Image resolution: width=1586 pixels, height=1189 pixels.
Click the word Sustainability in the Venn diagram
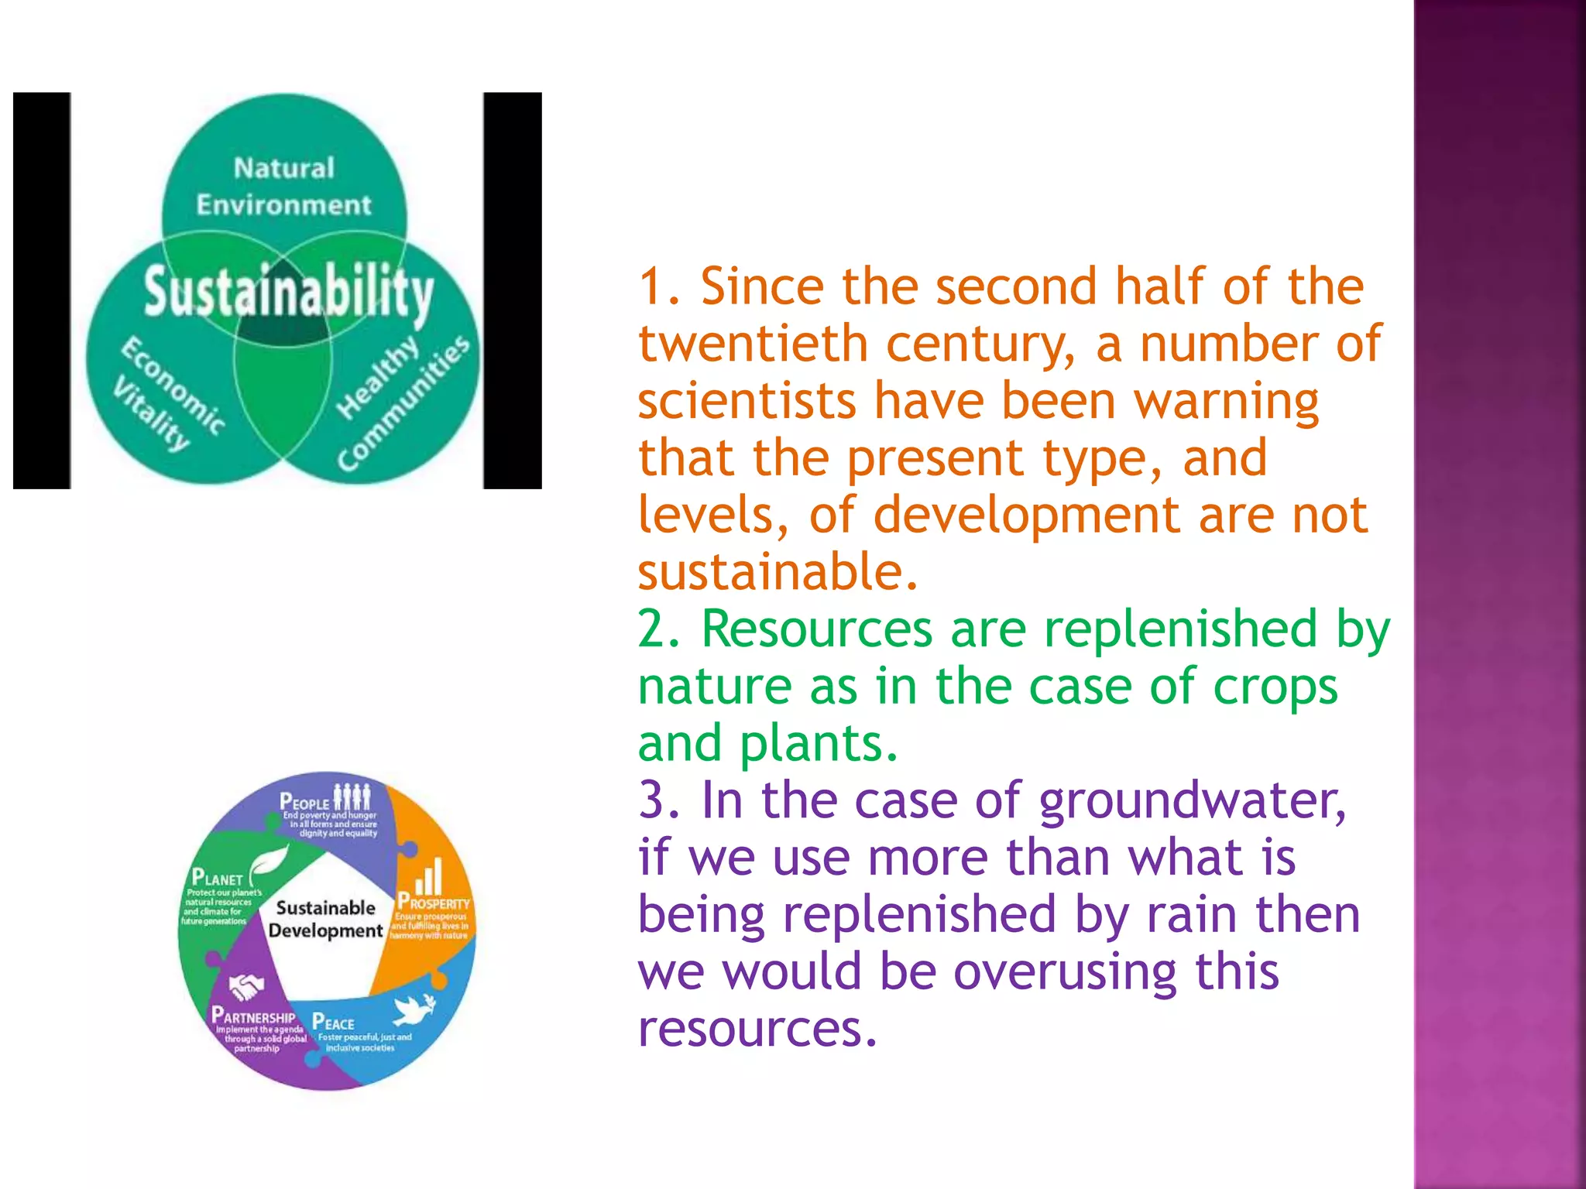pyautogui.click(x=288, y=292)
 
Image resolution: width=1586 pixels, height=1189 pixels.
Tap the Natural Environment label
pyautogui.click(x=283, y=187)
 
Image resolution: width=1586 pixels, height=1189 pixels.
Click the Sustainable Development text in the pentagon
pyautogui.click(x=325, y=919)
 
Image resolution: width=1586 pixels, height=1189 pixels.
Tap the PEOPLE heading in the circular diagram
pyautogui.click(x=304, y=802)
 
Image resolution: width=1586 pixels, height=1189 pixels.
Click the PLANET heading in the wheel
pyautogui.click(x=217, y=879)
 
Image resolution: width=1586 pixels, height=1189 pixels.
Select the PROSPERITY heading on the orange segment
pyautogui.click(x=434, y=903)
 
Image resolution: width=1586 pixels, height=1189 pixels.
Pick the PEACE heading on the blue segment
pyautogui.click(x=333, y=1023)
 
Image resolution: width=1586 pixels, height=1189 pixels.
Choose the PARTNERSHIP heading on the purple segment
pyautogui.click(x=253, y=1016)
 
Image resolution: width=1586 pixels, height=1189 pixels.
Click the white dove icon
pyautogui.click(x=414, y=1009)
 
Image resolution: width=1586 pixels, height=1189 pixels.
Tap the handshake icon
pyautogui.click(x=246, y=986)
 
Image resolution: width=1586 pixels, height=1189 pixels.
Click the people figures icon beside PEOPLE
pyautogui.click(x=352, y=797)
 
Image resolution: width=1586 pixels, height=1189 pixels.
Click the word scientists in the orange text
pyautogui.click(x=747, y=402)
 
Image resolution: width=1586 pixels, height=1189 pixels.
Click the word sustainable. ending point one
pyautogui.click(x=778, y=572)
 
